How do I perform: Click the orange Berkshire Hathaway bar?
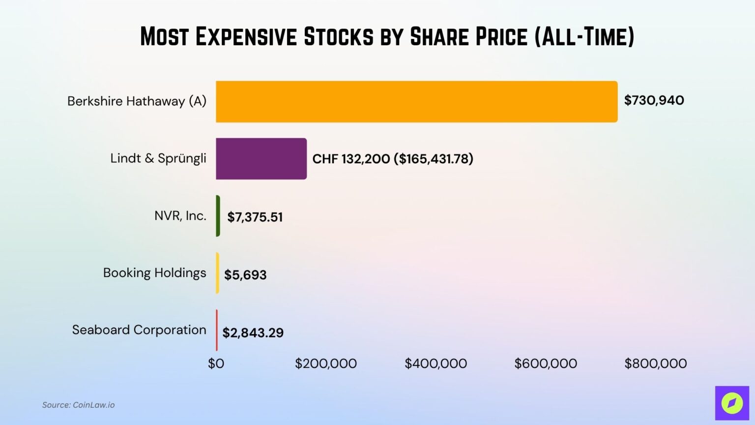pyautogui.click(x=416, y=101)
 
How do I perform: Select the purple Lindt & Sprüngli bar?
pyautogui.click(x=261, y=158)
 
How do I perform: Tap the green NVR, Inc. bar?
pyautogui.click(x=218, y=216)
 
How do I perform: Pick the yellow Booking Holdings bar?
pyautogui.click(x=217, y=273)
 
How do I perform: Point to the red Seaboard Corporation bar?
pyautogui.click(x=217, y=330)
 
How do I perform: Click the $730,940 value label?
pyautogui.click(x=654, y=100)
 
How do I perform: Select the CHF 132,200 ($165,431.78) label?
pyautogui.click(x=393, y=159)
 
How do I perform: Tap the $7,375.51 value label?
pyautogui.click(x=255, y=217)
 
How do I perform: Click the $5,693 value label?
pyautogui.click(x=245, y=274)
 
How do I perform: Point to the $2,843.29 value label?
pyautogui.click(x=253, y=333)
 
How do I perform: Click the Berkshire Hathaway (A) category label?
pyautogui.click(x=137, y=101)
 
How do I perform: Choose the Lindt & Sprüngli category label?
pyautogui.click(x=158, y=158)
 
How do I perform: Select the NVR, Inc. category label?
pyautogui.click(x=180, y=215)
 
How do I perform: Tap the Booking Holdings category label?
pyautogui.click(x=154, y=273)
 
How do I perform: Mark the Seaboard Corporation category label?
pyautogui.click(x=139, y=330)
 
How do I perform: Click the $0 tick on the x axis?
pyautogui.click(x=216, y=364)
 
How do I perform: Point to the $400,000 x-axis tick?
pyautogui.click(x=436, y=364)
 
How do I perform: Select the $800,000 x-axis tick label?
pyautogui.click(x=655, y=364)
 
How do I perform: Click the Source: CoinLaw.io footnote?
pyautogui.click(x=78, y=405)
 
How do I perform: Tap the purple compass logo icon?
pyautogui.click(x=731, y=403)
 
